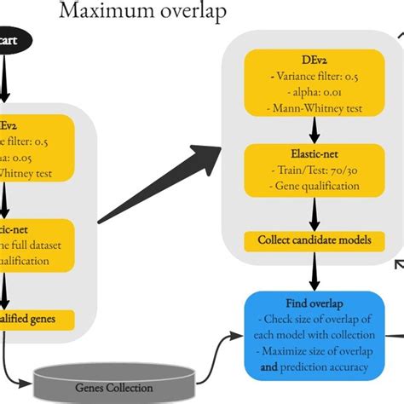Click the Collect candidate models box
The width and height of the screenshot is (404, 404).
tap(315, 240)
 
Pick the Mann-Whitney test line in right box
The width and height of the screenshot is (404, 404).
tap(314, 108)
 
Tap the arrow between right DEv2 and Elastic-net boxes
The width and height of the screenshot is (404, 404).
tap(314, 130)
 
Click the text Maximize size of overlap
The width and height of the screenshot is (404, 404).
tap(317, 352)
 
